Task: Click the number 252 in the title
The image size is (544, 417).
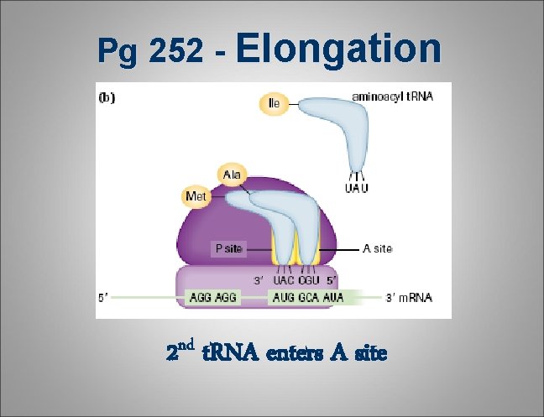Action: point(176,52)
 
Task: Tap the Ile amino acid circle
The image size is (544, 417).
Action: point(274,103)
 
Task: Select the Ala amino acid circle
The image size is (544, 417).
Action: point(232,174)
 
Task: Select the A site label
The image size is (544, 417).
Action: point(377,248)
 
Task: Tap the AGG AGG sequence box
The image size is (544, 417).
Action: point(214,297)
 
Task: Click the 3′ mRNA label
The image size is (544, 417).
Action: point(409,297)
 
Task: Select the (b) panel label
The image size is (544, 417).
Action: point(108,96)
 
